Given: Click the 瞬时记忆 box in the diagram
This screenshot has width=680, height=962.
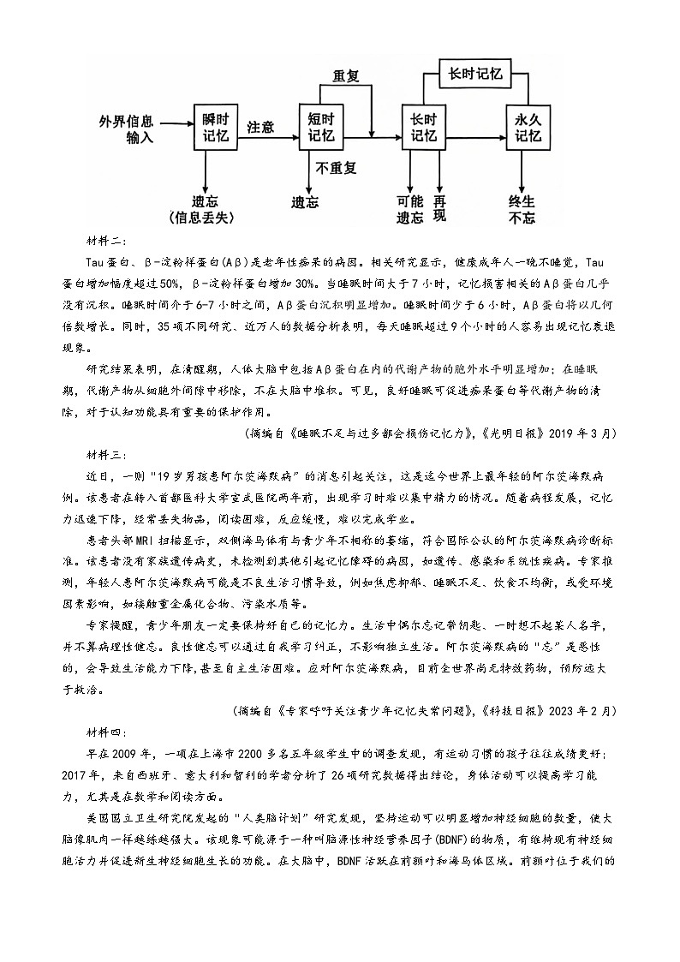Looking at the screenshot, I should (214, 126).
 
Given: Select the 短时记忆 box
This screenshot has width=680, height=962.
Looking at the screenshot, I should (321, 126).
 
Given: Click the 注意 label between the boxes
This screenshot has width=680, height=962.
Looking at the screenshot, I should (260, 127).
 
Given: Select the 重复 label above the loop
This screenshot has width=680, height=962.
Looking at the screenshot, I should (345, 75).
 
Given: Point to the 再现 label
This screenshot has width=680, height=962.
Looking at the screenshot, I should (439, 208).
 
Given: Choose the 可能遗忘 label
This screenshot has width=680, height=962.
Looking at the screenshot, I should (410, 209).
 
